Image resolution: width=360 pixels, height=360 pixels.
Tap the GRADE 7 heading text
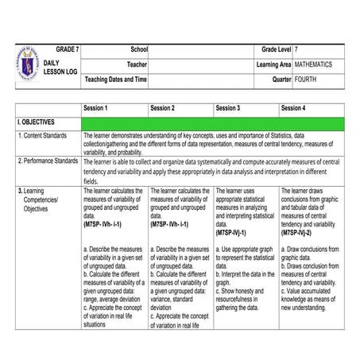[x=68, y=49]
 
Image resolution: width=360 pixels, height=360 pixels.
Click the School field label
[x=139, y=49]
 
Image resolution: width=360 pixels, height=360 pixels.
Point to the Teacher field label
[x=137, y=64]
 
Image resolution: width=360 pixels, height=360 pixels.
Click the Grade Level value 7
[x=296, y=49]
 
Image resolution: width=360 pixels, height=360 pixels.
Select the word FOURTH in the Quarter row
[x=306, y=79]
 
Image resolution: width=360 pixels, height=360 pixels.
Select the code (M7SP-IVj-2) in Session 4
[x=301, y=233]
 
